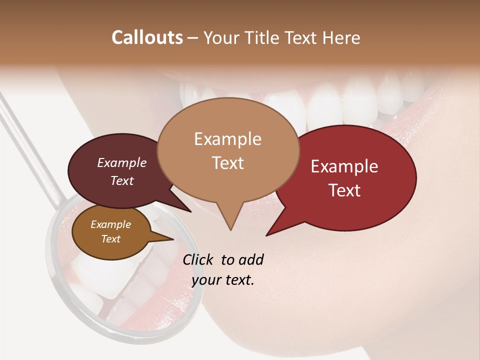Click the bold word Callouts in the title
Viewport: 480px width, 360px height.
pos(147,37)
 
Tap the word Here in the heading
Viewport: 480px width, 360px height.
pos(341,37)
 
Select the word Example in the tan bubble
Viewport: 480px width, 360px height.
pos(227,139)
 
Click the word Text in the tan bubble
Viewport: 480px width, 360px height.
pos(227,162)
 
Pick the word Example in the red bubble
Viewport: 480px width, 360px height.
pos(344,166)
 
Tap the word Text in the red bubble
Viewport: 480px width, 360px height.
pos(344,190)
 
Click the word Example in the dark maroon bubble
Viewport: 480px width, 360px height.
pos(122,162)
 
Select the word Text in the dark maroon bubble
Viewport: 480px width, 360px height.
pos(122,180)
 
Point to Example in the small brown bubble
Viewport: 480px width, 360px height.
pos(110,224)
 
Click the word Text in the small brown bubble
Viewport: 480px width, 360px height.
pos(110,239)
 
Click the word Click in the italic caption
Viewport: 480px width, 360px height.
pos(198,259)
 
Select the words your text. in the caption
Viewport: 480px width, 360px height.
pos(223,280)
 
